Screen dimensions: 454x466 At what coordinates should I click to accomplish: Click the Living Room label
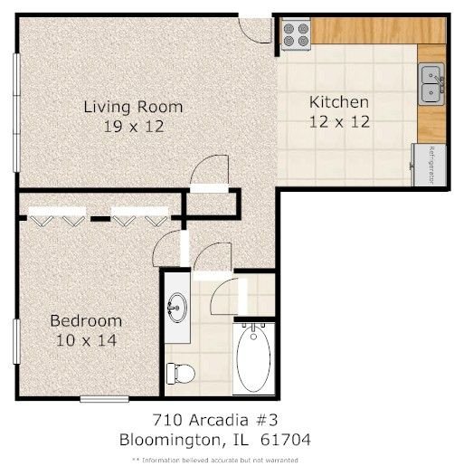(133, 107)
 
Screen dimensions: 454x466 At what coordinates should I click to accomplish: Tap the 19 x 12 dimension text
(134, 127)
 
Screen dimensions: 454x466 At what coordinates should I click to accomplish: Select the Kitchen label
(339, 102)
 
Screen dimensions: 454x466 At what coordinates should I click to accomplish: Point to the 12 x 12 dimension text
(339, 122)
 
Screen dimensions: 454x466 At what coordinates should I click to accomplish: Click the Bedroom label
(86, 320)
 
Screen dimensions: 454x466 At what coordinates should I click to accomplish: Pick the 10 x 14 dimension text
(86, 340)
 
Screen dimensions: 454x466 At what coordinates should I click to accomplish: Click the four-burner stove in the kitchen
(296, 34)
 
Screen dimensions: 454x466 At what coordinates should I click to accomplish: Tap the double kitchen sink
(431, 84)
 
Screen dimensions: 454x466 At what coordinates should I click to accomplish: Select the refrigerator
(430, 165)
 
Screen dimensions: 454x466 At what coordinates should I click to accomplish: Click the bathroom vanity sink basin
(177, 308)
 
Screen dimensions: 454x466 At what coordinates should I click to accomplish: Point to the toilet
(181, 374)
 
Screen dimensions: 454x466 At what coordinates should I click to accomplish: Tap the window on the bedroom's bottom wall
(105, 399)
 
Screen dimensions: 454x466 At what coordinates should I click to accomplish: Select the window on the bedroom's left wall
(17, 341)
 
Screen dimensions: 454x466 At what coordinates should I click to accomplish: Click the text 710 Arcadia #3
(214, 420)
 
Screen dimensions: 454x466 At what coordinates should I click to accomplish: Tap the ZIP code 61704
(285, 440)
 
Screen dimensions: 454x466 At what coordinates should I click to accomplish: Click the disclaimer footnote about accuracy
(215, 460)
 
